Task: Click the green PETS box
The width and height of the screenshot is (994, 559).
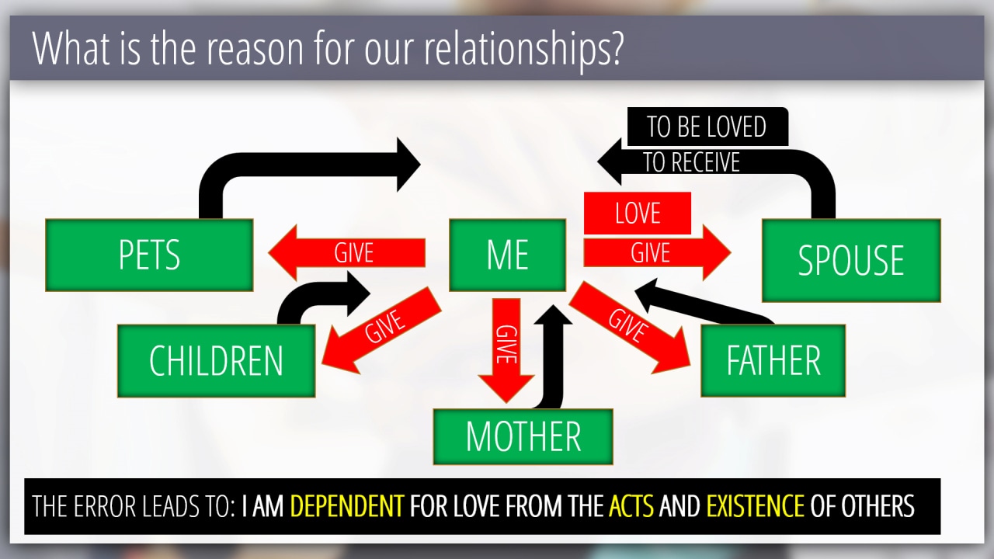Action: click(x=149, y=255)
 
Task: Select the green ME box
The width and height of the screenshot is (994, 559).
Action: click(x=508, y=255)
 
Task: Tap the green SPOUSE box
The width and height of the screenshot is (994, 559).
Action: click(x=851, y=260)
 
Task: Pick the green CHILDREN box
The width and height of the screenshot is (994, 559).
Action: click(x=217, y=361)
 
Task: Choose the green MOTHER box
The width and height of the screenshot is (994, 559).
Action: click(x=523, y=436)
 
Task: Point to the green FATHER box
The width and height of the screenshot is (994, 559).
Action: click(x=773, y=361)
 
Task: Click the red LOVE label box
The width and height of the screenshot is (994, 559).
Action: click(x=638, y=213)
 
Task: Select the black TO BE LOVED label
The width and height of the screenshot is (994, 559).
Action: click(x=707, y=127)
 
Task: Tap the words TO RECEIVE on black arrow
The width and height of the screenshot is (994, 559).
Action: click(x=691, y=162)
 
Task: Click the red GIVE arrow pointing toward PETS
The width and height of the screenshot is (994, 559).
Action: click(x=347, y=253)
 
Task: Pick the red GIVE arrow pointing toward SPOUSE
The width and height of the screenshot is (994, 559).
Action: click(x=657, y=253)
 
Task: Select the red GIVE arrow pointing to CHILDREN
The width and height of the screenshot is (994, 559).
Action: click(x=381, y=330)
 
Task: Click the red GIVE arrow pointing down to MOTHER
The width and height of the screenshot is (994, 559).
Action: click(x=506, y=350)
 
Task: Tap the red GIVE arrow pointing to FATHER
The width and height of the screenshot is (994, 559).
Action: click(x=629, y=328)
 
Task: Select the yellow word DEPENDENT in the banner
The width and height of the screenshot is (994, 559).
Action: click(x=347, y=505)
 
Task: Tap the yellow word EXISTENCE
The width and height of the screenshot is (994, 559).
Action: click(x=756, y=505)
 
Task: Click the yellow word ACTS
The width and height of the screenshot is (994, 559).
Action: click(x=631, y=505)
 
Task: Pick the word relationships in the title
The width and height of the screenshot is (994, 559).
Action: click(x=524, y=49)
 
